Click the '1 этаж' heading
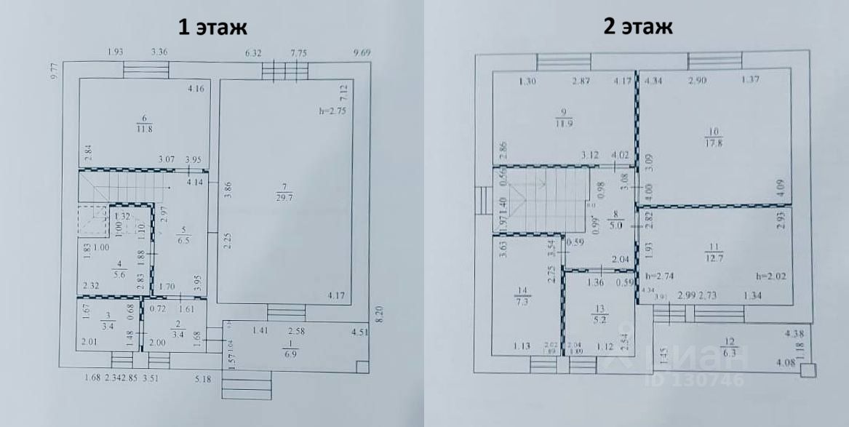[x=213, y=28]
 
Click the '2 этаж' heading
[x=637, y=27]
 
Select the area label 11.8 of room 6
[x=144, y=130]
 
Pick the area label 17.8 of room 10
[x=712, y=143]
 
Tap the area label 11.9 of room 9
[x=562, y=124]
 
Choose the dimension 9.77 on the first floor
[x=53, y=73]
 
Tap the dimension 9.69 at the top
[x=361, y=52]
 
